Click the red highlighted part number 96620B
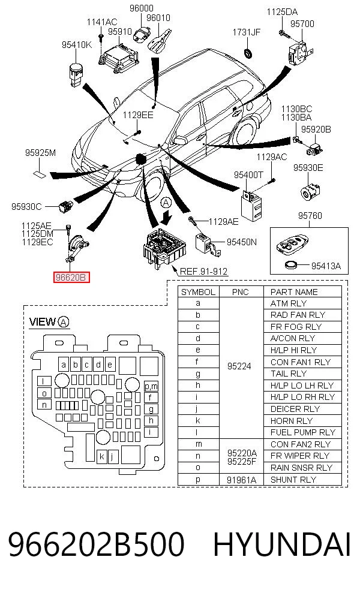point(71,278)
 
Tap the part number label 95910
point(120,32)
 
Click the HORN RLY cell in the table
point(292,421)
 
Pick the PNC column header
point(240,292)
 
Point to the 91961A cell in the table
point(241,480)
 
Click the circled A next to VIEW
point(64,322)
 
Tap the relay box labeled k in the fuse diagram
point(101,457)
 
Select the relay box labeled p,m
point(151,386)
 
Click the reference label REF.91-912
point(203,271)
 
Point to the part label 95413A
point(326,266)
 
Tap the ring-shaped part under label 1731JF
point(248,53)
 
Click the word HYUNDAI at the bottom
point(282,544)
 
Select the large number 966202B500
point(96,544)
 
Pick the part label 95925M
point(40,152)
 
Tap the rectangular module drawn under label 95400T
point(252,206)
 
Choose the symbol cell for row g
point(198,374)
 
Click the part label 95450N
point(242,242)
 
